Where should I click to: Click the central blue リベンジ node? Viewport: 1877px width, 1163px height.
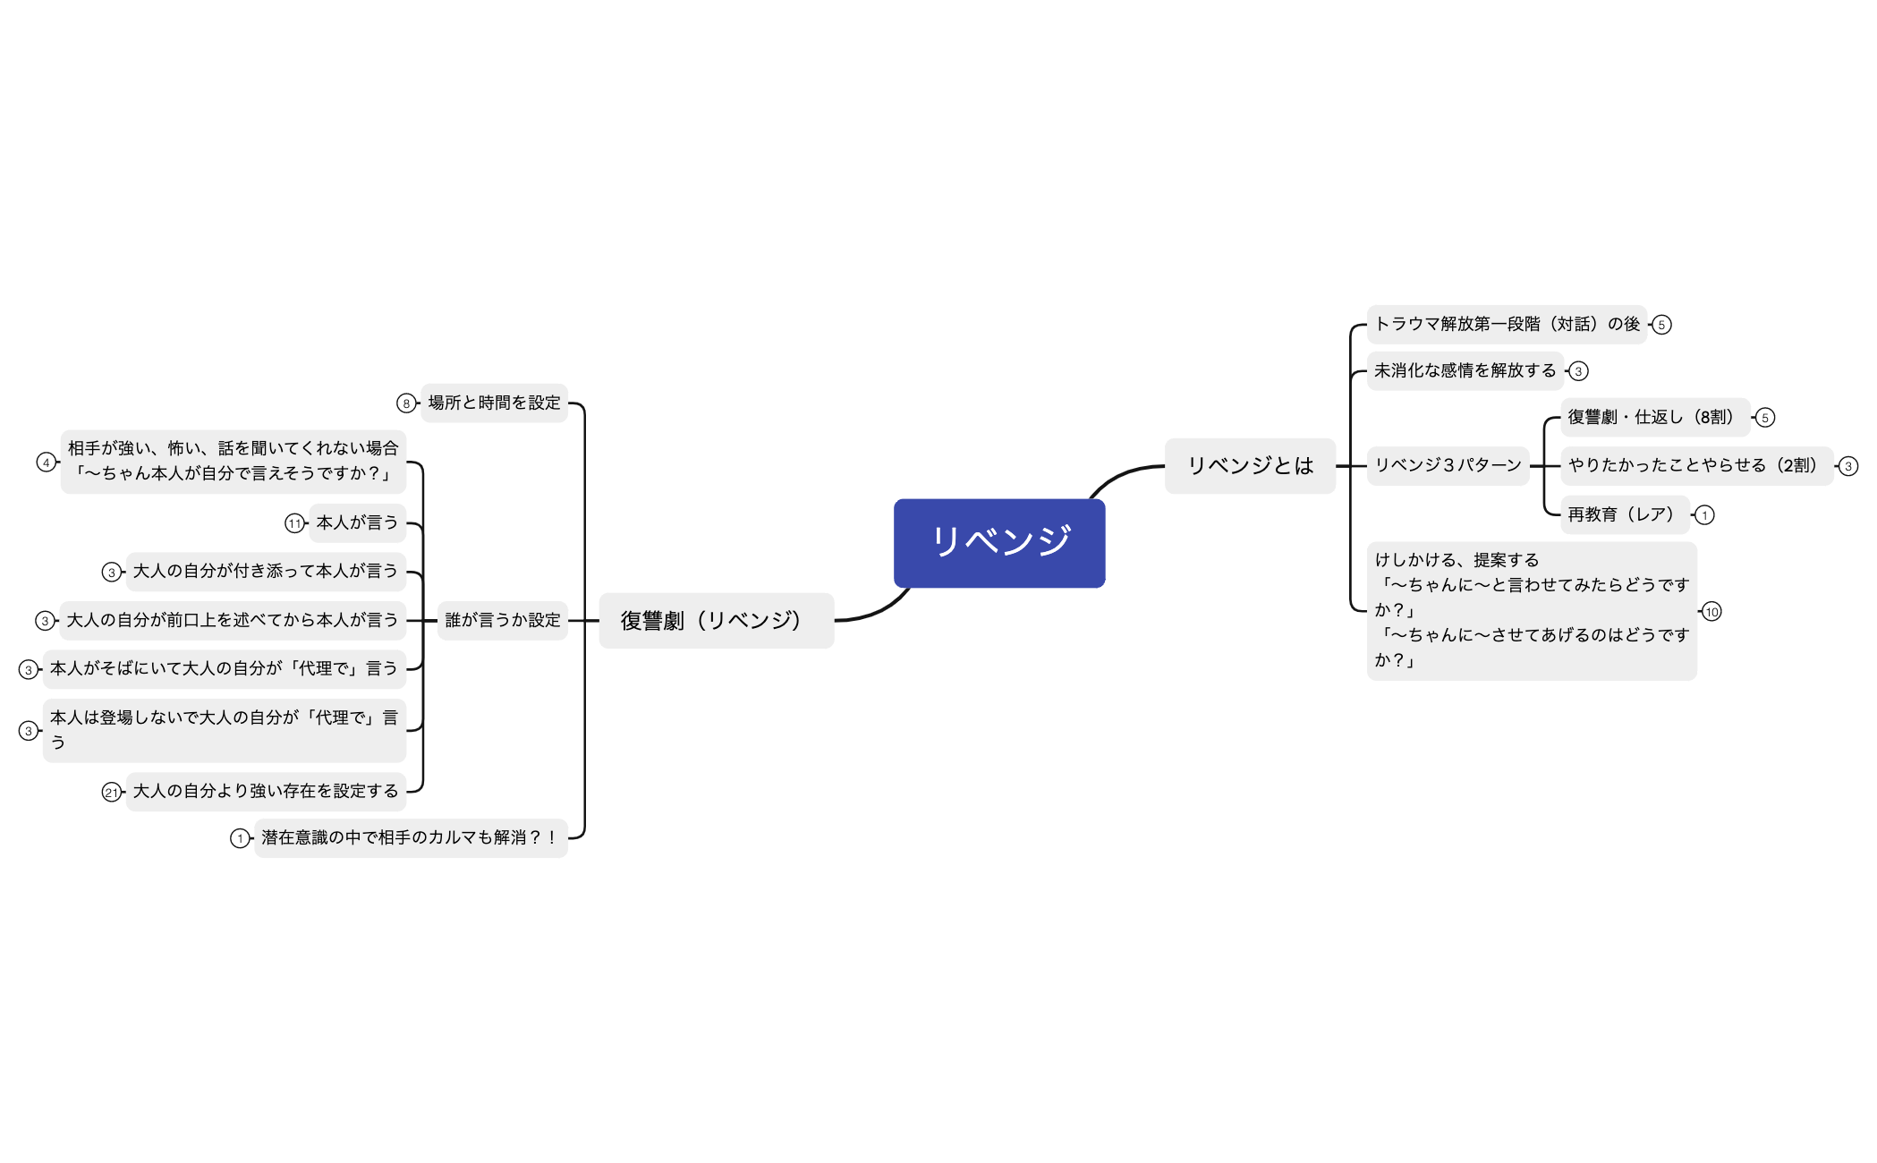tap(999, 542)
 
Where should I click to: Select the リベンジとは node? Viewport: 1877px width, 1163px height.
tap(1250, 465)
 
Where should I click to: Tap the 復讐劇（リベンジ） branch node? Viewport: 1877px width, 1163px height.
tap(716, 620)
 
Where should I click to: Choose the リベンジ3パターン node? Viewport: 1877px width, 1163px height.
tap(1448, 465)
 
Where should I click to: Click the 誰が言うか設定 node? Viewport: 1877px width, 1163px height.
tap(503, 620)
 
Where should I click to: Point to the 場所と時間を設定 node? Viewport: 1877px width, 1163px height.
tap(494, 403)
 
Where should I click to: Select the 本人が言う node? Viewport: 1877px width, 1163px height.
tap(357, 522)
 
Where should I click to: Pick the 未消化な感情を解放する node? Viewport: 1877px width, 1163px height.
tap(1465, 370)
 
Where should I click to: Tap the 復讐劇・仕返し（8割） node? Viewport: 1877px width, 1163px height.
tap(1654, 417)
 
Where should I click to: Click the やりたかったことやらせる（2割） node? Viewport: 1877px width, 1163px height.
tap(1696, 465)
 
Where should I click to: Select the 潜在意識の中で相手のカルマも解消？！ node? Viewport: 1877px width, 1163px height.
tap(411, 837)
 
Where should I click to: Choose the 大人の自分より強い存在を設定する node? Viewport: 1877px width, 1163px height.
tap(266, 791)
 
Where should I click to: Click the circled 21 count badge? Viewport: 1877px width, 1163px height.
tap(111, 792)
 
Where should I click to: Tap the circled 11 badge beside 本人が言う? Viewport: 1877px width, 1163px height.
tap(294, 523)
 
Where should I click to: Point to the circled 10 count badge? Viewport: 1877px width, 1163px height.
tap(1711, 612)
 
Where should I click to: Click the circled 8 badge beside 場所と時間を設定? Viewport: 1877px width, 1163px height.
tap(406, 403)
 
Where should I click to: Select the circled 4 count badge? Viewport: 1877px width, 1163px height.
tap(46, 462)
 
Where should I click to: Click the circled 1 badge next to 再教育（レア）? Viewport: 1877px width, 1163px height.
tap(1704, 515)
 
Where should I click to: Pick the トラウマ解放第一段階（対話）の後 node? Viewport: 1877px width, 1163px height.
tap(1507, 324)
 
